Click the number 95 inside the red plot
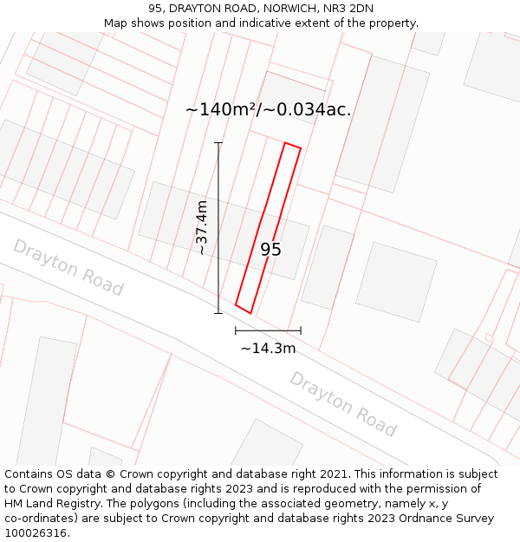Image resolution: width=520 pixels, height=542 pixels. point(270,250)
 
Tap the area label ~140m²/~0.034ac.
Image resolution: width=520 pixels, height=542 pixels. point(268,109)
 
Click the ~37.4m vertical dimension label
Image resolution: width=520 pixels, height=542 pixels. point(202,227)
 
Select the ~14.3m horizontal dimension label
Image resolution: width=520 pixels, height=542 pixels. point(268,349)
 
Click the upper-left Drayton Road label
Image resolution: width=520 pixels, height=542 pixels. point(68,267)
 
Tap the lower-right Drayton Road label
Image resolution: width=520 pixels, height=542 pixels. point(343,404)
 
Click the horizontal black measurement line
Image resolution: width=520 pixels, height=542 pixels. point(268,330)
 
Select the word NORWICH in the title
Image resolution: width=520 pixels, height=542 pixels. point(280,8)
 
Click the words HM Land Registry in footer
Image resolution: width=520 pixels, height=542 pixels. point(48,503)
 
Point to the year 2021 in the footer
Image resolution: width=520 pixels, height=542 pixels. point(335,473)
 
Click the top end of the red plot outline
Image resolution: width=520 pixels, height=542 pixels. point(293,146)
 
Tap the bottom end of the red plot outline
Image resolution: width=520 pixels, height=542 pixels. point(243,309)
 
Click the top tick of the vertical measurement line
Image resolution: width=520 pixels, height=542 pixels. point(218,143)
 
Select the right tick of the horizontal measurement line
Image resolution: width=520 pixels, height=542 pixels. point(301,330)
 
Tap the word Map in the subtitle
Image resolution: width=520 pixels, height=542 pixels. point(116,23)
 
